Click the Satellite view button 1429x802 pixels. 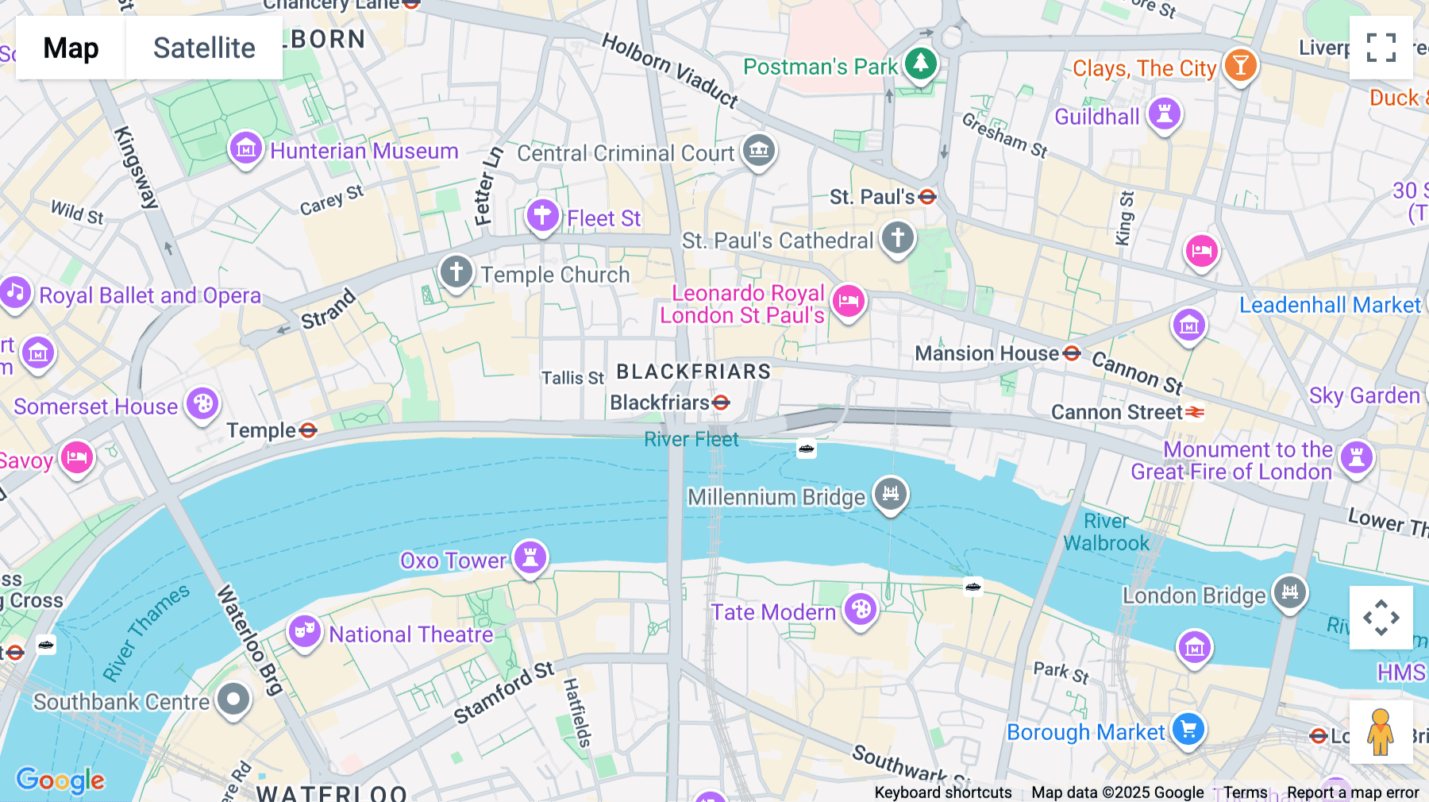pyautogui.click(x=204, y=48)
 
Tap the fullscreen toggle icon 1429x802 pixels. pyautogui.click(x=1381, y=48)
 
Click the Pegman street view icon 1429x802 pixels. pyautogui.click(x=1381, y=732)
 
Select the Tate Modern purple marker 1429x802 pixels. pyautogui.click(x=861, y=610)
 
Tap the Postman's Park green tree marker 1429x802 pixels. pyautogui.click(x=921, y=63)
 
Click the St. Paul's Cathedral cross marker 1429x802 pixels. pyautogui.click(x=898, y=237)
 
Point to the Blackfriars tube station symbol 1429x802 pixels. pyautogui.click(x=721, y=403)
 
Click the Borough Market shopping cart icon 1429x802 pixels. pyautogui.click(x=1188, y=728)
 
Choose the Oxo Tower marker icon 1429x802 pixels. pyautogui.click(x=530, y=557)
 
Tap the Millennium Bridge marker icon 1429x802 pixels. pyautogui.click(x=891, y=493)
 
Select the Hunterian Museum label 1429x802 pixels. pyautogui.click(x=364, y=151)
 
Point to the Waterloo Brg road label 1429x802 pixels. pyautogui.click(x=248, y=640)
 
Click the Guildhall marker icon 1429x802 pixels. pyautogui.click(x=1165, y=114)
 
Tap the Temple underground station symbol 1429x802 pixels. pyautogui.click(x=309, y=430)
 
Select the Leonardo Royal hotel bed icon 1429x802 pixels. pyautogui.click(x=849, y=301)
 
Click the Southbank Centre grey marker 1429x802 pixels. pyautogui.click(x=233, y=699)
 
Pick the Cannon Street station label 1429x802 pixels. pyautogui.click(x=1116, y=412)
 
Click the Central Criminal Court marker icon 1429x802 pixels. pyautogui.click(x=759, y=148)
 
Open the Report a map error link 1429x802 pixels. pyautogui.click(x=1353, y=792)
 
